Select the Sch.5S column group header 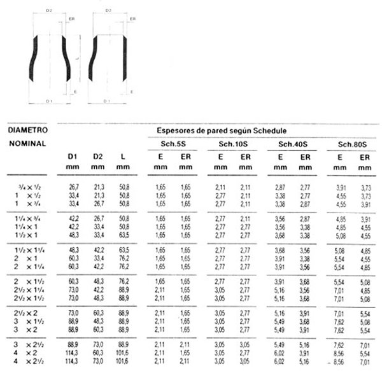168,144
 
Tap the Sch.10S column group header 233,144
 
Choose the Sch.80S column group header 352,144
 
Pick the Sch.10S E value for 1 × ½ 220,193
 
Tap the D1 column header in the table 73,157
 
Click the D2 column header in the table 97,157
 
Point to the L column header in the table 122,157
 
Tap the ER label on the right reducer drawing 132,19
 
